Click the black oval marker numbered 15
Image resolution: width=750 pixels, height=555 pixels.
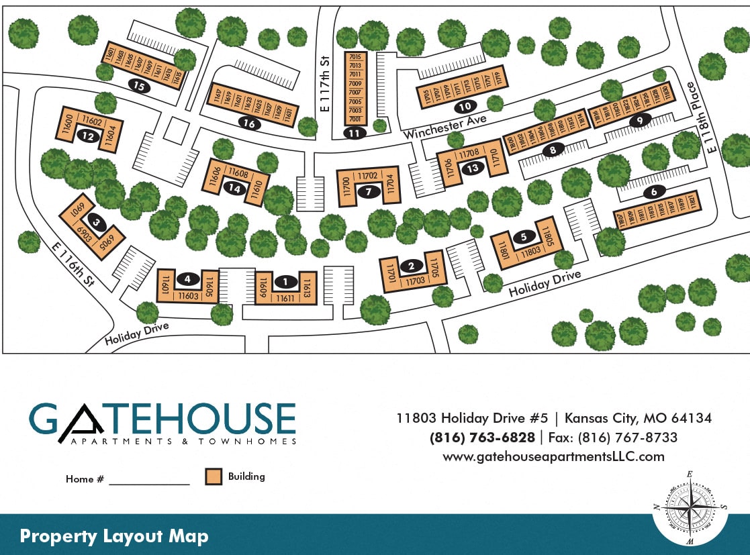[x=138, y=85]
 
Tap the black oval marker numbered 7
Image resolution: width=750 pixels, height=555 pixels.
[x=368, y=191]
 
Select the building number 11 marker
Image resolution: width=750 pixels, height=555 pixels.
[x=353, y=133]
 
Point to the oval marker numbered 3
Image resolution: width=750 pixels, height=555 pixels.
[x=96, y=221]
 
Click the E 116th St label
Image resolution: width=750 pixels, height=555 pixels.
[x=74, y=264]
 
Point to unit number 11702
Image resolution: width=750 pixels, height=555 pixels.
[x=367, y=176]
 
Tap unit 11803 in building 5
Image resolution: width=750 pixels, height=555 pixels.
[x=530, y=252]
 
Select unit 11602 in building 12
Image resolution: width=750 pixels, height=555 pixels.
[x=91, y=121]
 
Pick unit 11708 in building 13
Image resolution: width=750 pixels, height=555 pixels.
[x=469, y=154]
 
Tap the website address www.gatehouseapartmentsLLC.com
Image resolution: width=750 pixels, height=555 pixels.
[x=553, y=456]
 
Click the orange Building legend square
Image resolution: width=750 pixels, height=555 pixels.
[x=214, y=476]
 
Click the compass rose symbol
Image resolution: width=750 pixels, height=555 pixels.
[x=689, y=508]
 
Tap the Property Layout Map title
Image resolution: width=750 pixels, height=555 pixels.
[x=114, y=536]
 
